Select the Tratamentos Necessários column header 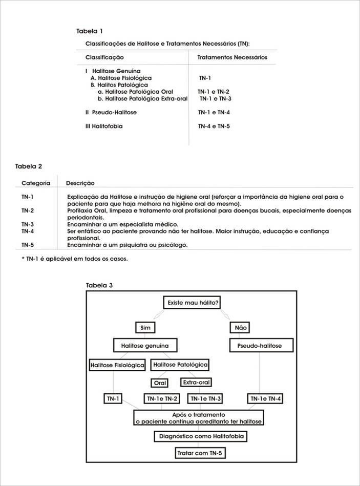232,57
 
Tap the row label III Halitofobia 104,125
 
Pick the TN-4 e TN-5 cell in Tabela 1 214,125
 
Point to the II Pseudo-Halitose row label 111,112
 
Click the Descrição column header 80,183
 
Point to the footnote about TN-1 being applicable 75,259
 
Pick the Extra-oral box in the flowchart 196,382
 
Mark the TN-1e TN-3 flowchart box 206,399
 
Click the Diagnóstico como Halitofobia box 201,436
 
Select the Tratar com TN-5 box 201,453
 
